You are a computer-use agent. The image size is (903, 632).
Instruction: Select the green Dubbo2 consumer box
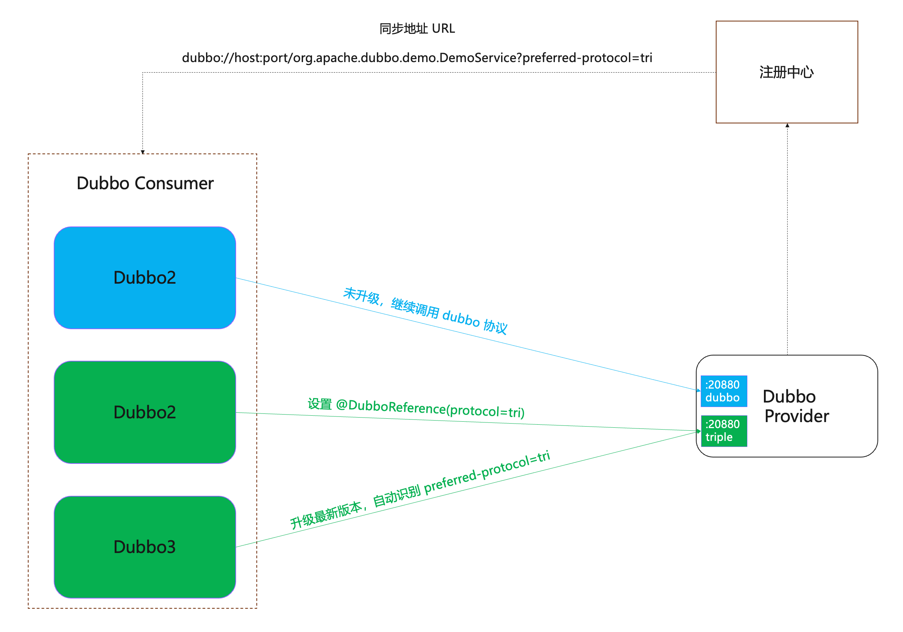pos(145,412)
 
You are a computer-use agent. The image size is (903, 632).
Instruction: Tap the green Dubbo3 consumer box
pos(145,547)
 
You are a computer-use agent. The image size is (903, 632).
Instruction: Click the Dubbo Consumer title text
pos(145,183)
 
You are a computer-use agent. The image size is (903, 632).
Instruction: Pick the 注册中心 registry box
pos(786,72)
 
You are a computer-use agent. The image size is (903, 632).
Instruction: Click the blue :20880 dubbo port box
pos(724,391)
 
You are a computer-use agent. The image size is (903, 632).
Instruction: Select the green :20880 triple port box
pos(724,431)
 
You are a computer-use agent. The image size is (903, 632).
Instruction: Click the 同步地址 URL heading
pos(417,29)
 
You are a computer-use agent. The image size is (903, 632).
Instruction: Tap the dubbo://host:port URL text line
pos(417,58)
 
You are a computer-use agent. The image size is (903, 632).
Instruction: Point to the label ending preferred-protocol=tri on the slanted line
pos(420,489)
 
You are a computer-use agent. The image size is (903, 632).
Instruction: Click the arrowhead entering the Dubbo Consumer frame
pos(143,152)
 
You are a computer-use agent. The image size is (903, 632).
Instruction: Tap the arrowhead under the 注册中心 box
pos(787,126)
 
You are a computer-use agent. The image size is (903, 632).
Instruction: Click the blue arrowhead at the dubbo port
pos(698,390)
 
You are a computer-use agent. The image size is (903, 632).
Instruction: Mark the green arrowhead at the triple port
pos(698,431)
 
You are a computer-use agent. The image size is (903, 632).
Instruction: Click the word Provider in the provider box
pos(797,416)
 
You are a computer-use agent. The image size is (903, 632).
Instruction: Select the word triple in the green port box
pos(719,437)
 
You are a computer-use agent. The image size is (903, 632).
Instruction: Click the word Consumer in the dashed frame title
pos(174,183)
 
